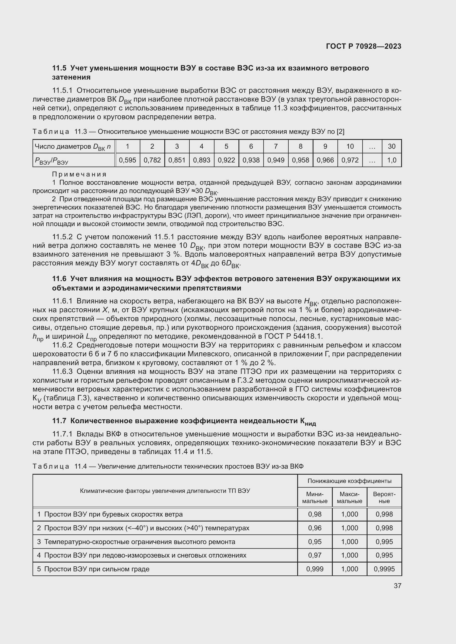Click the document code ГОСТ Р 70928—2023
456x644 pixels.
pyautogui.click(x=363, y=46)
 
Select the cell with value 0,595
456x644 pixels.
pyautogui.click(x=127, y=160)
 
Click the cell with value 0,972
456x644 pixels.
pyautogui.click(x=350, y=160)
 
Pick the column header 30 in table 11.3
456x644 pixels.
pyautogui.click(x=391, y=146)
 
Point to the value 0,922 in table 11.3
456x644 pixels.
pyautogui.click(x=226, y=160)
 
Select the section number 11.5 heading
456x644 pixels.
pyautogui.click(x=59, y=68)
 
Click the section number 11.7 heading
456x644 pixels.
pyautogui.click(x=59, y=421)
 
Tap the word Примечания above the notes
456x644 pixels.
pyautogui.click(x=79, y=174)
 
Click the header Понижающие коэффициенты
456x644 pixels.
pyautogui.click(x=349, y=481)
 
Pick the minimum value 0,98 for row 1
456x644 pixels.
pyautogui.click(x=315, y=514)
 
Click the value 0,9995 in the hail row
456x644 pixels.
pyautogui.click(x=384, y=569)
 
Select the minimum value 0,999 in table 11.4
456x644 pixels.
pyautogui.click(x=315, y=569)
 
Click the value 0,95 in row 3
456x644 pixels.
pyautogui.click(x=315, y=542)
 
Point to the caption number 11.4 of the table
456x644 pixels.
pyautogui.click(x=81, y=466)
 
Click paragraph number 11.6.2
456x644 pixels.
pyautogui.click(x=62, y=345)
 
